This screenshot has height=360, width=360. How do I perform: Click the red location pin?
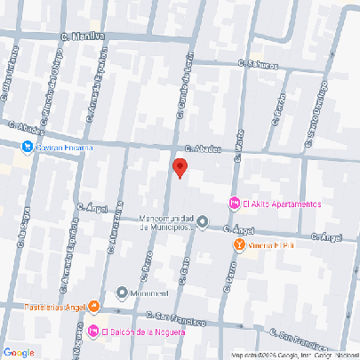click(x=180, y=167)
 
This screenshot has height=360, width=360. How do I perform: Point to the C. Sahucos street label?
click(x=258, y=65)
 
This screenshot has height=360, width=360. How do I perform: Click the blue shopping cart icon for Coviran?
click(x=28, y=147)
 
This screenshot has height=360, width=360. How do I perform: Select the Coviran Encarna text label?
click(x=64, y=148)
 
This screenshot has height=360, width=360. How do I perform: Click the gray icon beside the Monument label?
click(x=122, y=292)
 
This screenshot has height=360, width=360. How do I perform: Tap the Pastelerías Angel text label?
click(x=49, y=308)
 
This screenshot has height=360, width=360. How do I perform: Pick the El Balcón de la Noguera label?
click(x=147, y=333)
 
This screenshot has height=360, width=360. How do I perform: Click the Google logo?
click(x=19, y=352)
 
